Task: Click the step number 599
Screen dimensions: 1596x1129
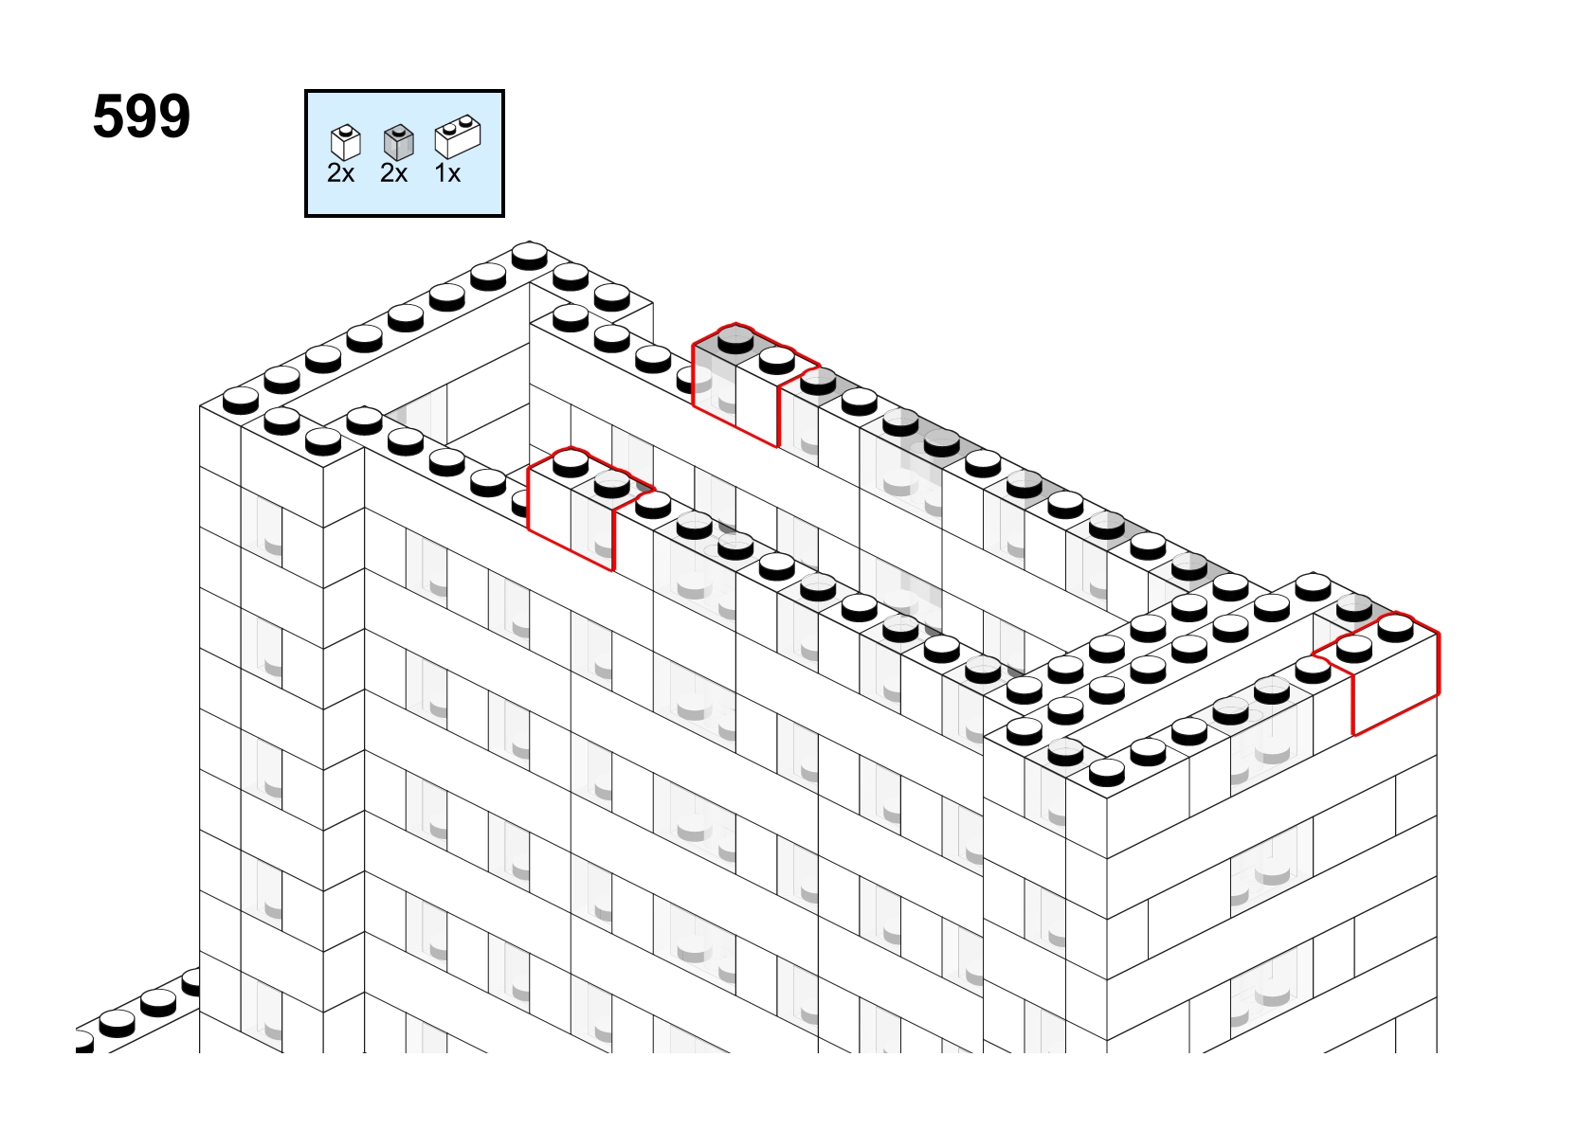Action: [141, 116]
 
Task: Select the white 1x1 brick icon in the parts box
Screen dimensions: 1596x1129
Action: [346, 142]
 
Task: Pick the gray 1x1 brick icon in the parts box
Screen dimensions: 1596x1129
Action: [398, 142]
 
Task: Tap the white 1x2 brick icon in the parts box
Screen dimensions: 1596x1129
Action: [458, 136]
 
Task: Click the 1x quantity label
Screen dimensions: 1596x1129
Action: [447, 173]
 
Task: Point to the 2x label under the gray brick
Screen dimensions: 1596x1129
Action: [394, 173]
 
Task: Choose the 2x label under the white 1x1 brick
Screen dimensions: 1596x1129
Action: [340, 173]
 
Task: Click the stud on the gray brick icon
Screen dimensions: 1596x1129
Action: [398, 130]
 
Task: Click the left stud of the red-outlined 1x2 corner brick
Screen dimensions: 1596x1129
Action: [1354, 649]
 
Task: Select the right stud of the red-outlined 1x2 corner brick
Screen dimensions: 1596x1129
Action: [1396, 628]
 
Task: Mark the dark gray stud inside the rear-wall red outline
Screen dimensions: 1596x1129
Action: [736, 340]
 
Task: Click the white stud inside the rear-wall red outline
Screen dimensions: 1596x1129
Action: [777, 360]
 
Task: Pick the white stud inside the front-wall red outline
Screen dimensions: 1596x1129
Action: [571, 463]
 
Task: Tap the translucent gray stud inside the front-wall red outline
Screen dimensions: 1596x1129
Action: [612, 484]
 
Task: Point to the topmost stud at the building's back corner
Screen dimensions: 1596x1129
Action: [530, 257]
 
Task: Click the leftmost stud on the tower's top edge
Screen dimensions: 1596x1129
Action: [241, 401]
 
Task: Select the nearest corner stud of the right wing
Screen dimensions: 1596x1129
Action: [1107, 773]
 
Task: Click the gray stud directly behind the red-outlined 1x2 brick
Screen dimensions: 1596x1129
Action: [1354, 608]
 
